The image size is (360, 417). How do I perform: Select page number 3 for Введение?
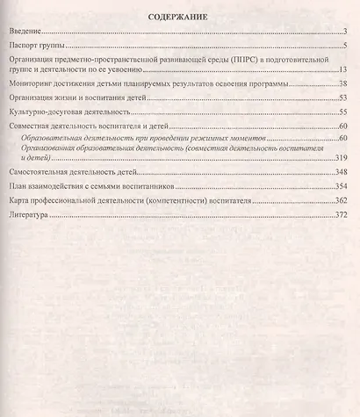pyautogui.click(x=347, y=32)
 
